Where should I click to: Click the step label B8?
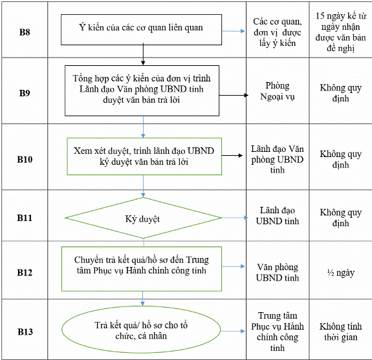[25, 32]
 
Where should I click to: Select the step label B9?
[25, 93]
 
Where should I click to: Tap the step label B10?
[25, 160]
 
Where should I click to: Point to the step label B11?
[25, 218]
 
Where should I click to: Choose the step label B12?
[25, 273]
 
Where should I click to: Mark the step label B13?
[25, 332]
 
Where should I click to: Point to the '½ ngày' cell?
[341, 273]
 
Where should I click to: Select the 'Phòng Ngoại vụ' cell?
[278, 91]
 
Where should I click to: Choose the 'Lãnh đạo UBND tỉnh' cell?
[278, 216]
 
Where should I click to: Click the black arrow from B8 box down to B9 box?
[143, 54]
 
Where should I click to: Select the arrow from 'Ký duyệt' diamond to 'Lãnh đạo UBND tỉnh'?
[235, 218]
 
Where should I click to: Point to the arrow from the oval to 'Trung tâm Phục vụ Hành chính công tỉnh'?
[233, 331]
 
